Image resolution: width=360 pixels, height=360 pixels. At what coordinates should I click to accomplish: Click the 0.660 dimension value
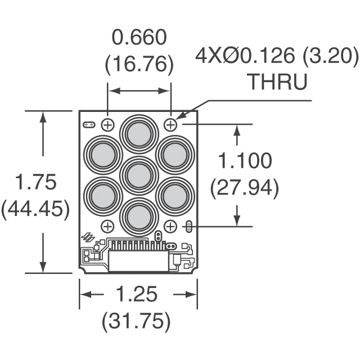[x=139, y=39]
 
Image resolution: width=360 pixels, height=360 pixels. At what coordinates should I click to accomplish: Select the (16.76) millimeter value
[x=139, y=65]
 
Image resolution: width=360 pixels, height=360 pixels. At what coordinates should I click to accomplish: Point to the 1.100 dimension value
[x=245, y=161]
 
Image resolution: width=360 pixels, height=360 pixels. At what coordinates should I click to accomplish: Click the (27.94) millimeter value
[x=245, y=188]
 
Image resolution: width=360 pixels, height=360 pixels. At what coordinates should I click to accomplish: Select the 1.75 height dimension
[x=35, y=183]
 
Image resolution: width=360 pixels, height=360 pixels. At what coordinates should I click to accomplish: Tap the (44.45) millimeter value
[x=35, y=209]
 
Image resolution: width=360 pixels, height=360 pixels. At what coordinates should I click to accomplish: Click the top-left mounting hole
[x=107, y=124]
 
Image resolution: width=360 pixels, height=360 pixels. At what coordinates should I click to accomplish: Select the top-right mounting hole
[x=171, y=124]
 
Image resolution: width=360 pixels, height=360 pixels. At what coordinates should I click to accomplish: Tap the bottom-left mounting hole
[x=107, y=226]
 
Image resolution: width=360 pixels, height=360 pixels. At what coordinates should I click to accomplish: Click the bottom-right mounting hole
[x=171, y=226]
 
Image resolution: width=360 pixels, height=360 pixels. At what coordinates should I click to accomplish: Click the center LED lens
[x=138, y=175]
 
